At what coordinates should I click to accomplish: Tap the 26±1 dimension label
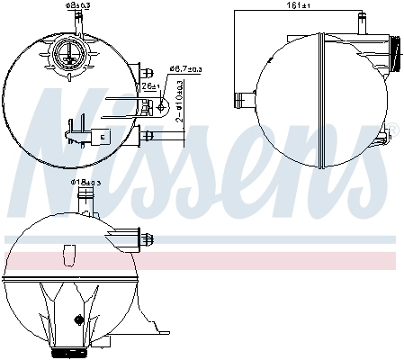click(148, 86)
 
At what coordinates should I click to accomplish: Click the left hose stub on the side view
click(240, 99)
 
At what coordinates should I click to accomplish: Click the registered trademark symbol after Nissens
click(393, 132)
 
